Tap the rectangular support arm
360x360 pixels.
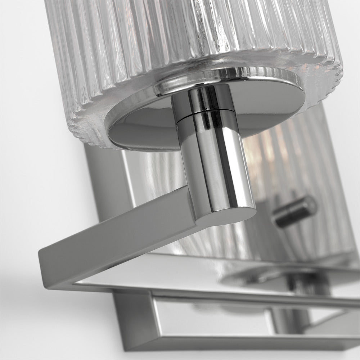tap(119, 230)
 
